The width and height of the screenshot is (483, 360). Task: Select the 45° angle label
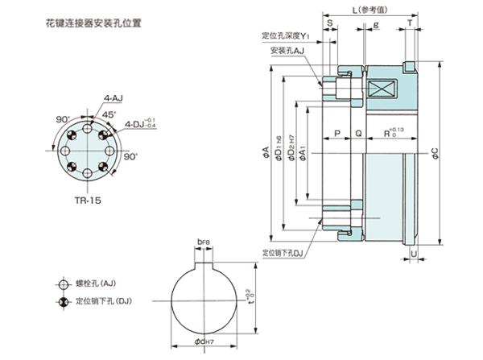108,114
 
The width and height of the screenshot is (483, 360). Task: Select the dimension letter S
331,24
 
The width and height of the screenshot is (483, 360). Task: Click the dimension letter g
377,24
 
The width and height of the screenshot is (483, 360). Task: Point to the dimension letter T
411,24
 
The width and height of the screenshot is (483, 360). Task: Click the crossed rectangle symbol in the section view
378,91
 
